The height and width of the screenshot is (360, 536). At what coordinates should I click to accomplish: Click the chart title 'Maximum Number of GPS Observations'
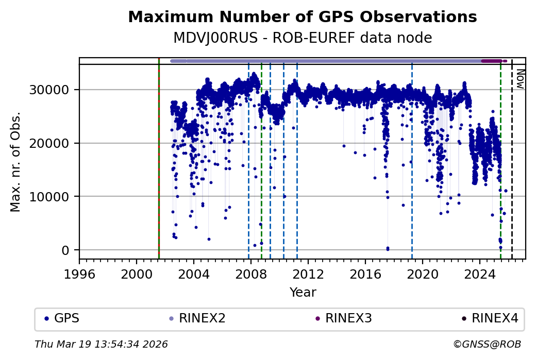[x=302, y=17]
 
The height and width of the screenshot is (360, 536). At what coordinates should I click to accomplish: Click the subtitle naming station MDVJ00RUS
[x=302, y=38]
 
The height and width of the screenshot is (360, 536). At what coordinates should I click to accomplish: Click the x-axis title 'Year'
[x=303, y=293]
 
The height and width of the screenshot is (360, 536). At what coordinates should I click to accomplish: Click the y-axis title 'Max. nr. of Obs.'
[x=15, y=162]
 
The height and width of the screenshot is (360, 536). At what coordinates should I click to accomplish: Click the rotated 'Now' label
[x=520, y=78]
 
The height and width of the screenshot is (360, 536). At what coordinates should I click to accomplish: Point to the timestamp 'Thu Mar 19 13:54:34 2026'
[x=101, y=344]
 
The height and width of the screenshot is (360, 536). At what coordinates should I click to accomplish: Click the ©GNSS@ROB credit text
[x=487, y=344]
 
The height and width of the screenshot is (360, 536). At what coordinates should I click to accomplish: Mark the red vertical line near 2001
[x=159, y=155]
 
